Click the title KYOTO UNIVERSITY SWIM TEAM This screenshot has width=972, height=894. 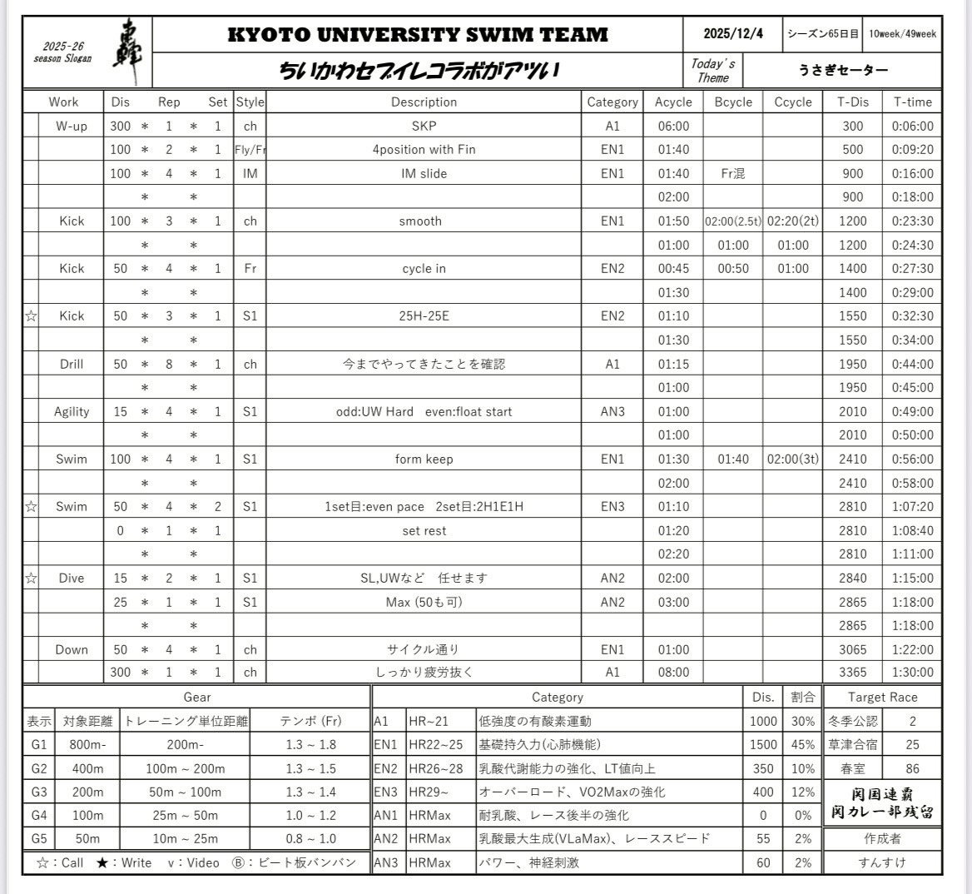click(x=418, y=34)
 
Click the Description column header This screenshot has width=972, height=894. click(x=424, y=102)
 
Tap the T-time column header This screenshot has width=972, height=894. click(x=912, y=102)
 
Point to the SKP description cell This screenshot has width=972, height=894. click(x=424, y=127)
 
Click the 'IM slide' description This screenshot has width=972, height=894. click(x=424, y=174)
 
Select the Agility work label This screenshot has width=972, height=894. click(x=72, y=412)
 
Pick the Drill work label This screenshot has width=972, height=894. click(x=72, y=365)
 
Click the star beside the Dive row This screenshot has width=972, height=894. click(x=31, y=579)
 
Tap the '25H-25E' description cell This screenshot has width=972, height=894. click(x=424, y=316)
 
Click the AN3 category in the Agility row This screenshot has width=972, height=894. click(x=612, y=412)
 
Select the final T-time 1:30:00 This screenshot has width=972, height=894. click(x=912, y=673)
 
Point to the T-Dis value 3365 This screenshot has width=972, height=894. click(x=852, y=673)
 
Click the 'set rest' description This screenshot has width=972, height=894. click(x=424, y=531)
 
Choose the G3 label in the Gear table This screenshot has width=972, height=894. click(x=39, y=792)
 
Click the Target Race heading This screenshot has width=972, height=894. click(x=882, y=698)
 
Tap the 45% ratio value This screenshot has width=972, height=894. click(x=802, y=745)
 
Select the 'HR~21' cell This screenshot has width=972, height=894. click(x=429, y=722)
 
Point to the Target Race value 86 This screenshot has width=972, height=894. click(x=912, y=769)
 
